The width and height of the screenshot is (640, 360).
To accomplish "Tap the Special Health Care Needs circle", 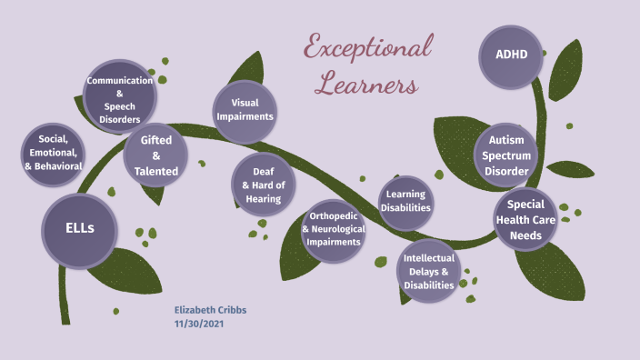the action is [x=525, y=220].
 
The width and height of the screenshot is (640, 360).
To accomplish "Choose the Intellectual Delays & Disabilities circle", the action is [x=428, y=271].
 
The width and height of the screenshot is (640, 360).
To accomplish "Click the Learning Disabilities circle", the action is [x=405, y=202].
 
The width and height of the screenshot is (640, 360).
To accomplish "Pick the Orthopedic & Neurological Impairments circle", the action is [x=334, y=229].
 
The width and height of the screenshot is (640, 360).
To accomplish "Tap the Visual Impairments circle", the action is [x=245, y=111].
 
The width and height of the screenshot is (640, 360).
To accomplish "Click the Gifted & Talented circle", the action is [x=163, y=155].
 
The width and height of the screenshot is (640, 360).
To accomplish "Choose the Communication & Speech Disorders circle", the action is [x=119, y=99].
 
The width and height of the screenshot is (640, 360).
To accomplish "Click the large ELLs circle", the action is [x=79, y=228].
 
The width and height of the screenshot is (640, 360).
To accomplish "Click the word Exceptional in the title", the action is [x=367, y=47].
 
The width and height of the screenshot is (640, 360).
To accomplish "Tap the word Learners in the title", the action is [x=365, y=85].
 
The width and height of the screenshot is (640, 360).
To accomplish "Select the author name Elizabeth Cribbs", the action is [x=210, y=310].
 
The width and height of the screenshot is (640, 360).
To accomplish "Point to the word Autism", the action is [x=506, y=140].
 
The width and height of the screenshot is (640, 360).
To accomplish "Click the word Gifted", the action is [x=163, y=140].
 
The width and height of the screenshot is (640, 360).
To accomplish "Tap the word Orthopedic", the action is [x=334, y=215].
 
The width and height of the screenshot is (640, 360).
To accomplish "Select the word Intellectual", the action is [x=429, y=258].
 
